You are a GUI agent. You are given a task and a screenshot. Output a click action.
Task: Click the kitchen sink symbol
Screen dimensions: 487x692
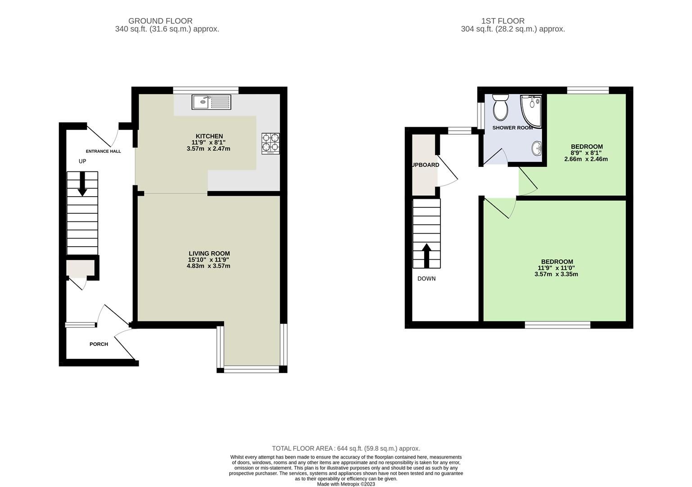tap(211, 101)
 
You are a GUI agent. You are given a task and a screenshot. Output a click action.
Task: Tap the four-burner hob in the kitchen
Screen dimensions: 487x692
tap(270, 142)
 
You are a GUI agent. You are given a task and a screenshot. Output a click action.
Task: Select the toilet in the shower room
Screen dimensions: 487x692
tap(500, 106)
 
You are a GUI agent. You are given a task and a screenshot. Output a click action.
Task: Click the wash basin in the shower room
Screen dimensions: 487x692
tap(537, 148)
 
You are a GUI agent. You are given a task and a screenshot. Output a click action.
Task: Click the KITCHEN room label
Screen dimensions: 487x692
tap(209, 136)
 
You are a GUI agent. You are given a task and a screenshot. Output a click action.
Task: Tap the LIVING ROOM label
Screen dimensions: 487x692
tap(209, 253)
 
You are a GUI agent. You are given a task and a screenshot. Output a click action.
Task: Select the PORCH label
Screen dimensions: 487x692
tap(99, 344)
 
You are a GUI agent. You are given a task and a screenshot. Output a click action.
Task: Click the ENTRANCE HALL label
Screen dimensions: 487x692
tap(104, 151)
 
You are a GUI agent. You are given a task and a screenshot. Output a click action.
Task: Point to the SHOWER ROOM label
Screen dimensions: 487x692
tap(512, 128)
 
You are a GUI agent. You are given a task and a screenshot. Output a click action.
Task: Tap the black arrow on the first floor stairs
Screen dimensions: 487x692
tap(426, 255)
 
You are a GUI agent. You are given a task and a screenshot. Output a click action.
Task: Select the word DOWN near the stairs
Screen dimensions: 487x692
tap(426, 279)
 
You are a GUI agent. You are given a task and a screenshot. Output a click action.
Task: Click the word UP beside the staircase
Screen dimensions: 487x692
tap(82, 161)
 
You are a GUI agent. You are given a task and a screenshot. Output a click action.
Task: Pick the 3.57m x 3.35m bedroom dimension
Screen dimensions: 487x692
tap(556, 274)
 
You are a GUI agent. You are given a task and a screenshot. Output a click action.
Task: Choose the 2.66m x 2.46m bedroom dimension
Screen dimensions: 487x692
tap(586, 159)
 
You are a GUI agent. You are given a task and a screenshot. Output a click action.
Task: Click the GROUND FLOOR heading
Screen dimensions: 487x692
tap(160, 21)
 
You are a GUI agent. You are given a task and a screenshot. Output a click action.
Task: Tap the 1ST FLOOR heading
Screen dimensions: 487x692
tap(502, 21)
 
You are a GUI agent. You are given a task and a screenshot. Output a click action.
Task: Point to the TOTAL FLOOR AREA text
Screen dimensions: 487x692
tap(346, 448)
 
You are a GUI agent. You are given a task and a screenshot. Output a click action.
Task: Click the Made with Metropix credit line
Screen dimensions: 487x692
tap(346, 484)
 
